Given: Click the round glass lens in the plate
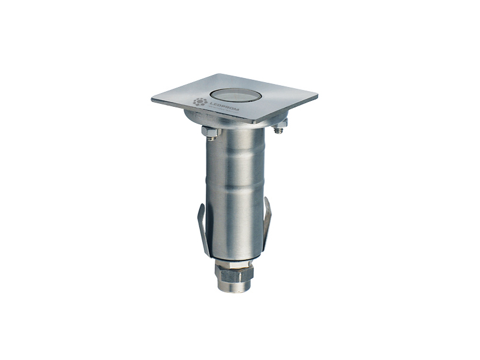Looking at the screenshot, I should pos(233,94).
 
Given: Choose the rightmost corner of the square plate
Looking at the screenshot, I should pos(316,95).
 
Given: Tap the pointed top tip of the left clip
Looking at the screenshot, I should pos(202,205).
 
